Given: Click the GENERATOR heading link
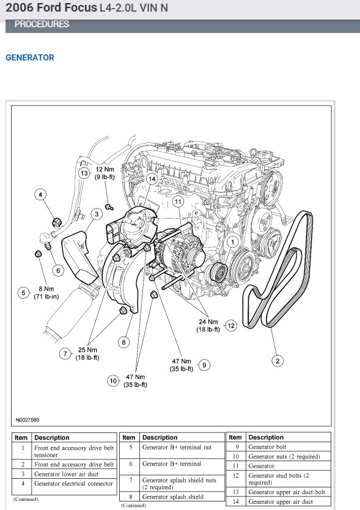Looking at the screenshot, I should (29, 57).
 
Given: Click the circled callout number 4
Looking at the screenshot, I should (41, 195).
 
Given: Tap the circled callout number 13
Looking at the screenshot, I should (85, 173).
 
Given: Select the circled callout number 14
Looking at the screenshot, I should (151, 179).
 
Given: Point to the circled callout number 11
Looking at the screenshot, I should (178, 201).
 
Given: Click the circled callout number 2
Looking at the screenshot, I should (277, 361).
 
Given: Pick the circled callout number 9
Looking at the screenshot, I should (205, 365).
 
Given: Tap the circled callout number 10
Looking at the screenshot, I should (113, 381).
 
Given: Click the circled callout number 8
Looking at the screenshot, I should (124, 342).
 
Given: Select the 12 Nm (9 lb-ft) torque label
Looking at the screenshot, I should (105, 173).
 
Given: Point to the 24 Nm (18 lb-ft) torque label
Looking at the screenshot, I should (207, 325).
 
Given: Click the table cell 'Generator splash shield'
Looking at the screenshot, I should (173, 497).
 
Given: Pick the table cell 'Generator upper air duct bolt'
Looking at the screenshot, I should (287, 492).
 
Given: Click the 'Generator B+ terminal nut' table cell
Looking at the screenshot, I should (177, 447).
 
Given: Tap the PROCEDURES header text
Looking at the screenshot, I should (42, 24).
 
